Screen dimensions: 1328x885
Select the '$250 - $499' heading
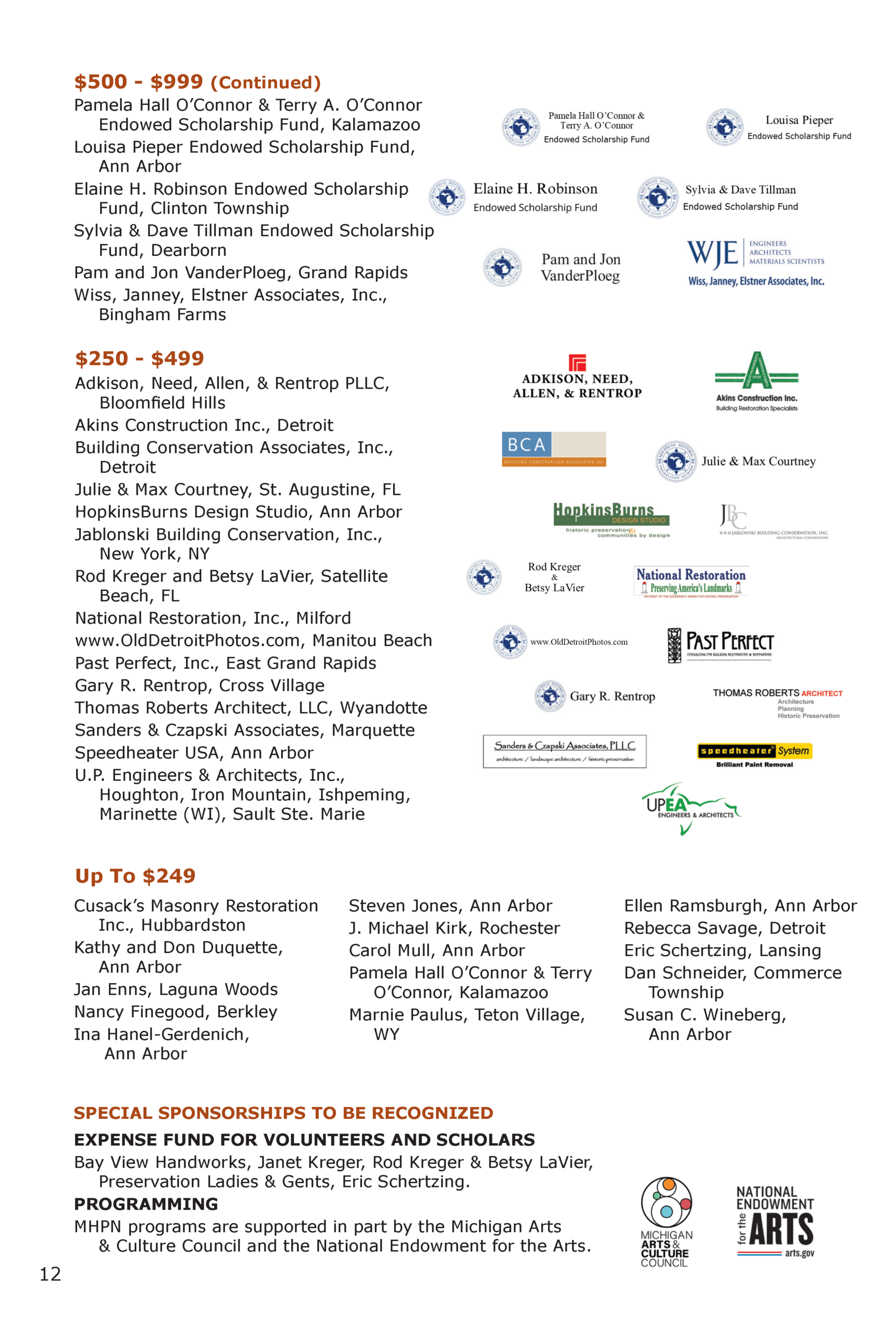click(x=139, y=358)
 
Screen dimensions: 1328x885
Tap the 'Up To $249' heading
click(x=135, y=876)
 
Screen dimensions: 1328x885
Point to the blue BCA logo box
click(x=526, y=445)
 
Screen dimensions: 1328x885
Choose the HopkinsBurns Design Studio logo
click(x=611, y=519)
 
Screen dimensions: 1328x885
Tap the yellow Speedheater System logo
click(x=755, y=751)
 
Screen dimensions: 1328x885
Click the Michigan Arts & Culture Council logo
click(x=667, y=1222)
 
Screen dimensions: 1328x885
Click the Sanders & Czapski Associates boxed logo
click(x=565, y=751)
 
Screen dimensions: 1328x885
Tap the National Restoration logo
click(x=691, y=582)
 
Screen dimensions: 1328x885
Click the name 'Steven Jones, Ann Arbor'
click(x=450, y=906)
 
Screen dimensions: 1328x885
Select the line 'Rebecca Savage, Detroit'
click(x=724, y=928)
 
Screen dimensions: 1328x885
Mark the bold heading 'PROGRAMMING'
click(x=146, y=1204)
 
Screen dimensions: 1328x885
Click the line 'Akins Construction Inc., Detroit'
click(x=204, y=425)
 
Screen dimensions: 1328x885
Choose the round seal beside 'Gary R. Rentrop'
click(x=550, y=696)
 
